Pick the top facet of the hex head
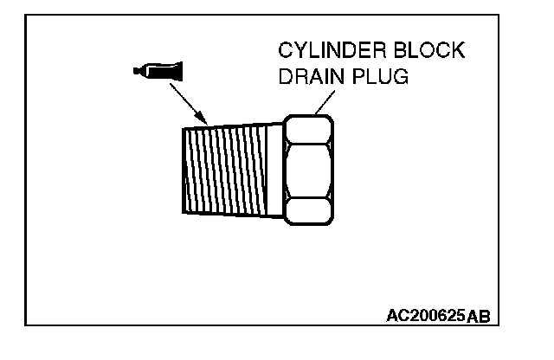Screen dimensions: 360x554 click(308, 131)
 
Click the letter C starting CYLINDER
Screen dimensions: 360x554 click(285, 51)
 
